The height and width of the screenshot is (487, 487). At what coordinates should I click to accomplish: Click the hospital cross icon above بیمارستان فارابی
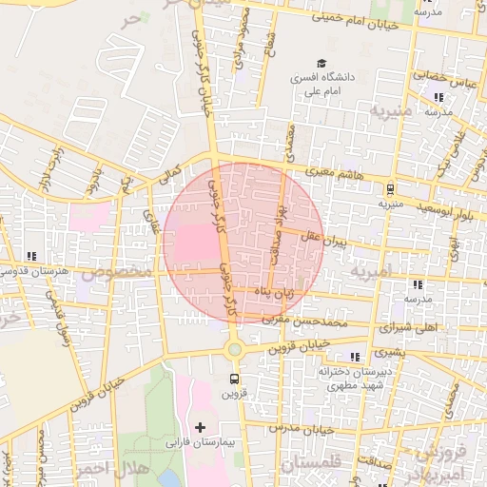pyautogui.click(x=200, y=427)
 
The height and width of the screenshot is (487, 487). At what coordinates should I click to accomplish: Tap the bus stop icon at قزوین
pyautogui.click(x=234, y=377)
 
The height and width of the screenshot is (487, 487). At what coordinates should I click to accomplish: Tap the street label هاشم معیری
pyautogui.click(x=331, y=172)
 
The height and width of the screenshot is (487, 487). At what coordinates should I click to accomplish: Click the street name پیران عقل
pyautogui.click(x=326, y=236)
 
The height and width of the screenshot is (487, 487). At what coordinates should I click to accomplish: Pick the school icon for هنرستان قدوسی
pyautogui.click(x=33, y=256)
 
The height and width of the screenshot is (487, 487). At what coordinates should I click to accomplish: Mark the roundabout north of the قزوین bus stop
pyautogui.click(x=234, y=349)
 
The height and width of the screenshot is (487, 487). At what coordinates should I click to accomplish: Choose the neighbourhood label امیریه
pyautogui.click(x=370, y=272)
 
